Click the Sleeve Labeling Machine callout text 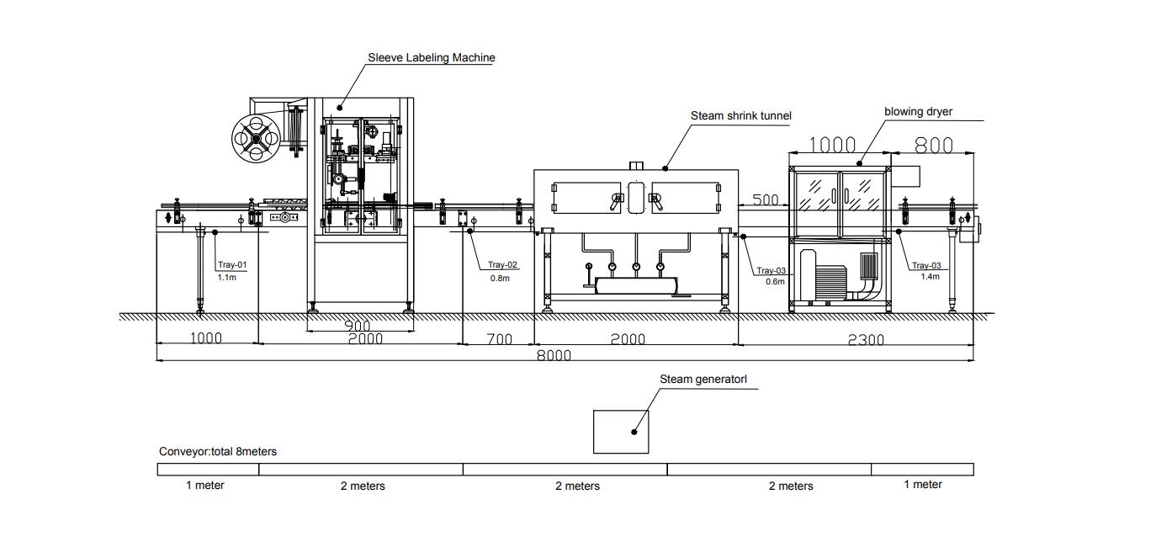tap(431, 58)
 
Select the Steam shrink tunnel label tap(740, 115)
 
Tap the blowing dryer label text tap(918, 111)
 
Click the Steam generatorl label tap(703, 380)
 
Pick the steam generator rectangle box tap(620, 431)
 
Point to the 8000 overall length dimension tap(554, 355)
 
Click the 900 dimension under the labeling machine tap(358, 327)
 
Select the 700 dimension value tap(499, 339)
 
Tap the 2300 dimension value tap(866, 340)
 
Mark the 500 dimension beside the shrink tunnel tap(765, 200)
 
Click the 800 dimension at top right tap(933, 146)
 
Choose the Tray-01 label tap(232, 265)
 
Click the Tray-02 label tap(503, 265)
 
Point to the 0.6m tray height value tap(775, 282)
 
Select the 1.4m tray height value tap(930, 277)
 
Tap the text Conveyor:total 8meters tap(217, 452)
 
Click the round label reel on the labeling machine tap(257, 135)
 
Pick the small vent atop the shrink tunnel tap(637, 164)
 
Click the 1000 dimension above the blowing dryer tap(832, 145)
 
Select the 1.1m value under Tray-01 tap(226, 277)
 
